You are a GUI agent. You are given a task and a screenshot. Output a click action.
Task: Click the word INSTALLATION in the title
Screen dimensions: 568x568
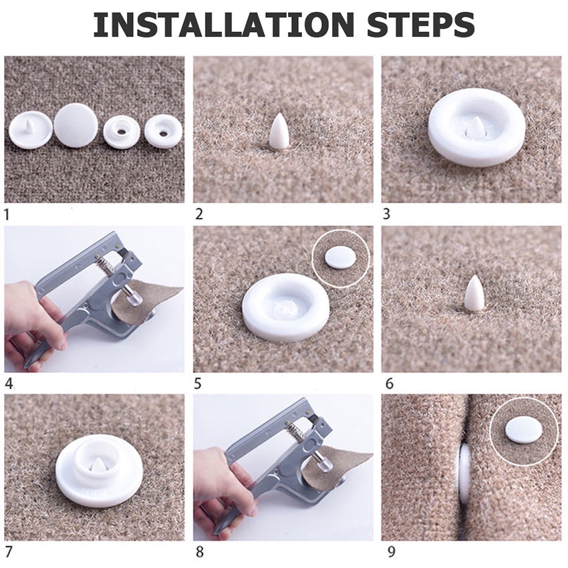tap(223, 25)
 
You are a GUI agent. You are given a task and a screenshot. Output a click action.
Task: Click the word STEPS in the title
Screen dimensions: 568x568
tap(420, 25)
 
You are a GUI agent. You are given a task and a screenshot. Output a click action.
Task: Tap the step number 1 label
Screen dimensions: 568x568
tap(7, 215)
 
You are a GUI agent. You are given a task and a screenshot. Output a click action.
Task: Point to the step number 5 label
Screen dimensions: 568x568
tap(197, 384)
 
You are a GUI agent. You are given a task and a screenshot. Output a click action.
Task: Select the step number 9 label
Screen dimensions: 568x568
tap(391, 552)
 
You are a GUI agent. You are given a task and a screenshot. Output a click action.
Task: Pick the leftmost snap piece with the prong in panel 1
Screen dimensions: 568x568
tap(31, 130)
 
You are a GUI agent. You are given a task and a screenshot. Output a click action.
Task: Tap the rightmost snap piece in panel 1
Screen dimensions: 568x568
tap(163, 131)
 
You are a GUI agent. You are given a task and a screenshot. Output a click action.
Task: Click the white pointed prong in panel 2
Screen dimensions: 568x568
tap(279, 131)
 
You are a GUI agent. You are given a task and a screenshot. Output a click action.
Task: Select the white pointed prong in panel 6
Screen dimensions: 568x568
tap(474, 293)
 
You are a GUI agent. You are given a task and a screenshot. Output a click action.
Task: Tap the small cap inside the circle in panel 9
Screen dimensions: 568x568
tap(524, 430)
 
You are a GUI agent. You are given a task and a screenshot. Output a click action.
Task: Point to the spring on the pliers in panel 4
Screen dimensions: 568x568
tap(107, 265)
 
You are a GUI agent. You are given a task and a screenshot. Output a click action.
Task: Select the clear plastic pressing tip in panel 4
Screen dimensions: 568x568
tap(134, 299)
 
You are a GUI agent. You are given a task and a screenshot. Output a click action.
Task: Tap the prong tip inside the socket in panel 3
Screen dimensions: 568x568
tap(476, 128)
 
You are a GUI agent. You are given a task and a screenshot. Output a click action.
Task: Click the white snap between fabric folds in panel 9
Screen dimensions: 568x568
tap(465, 474)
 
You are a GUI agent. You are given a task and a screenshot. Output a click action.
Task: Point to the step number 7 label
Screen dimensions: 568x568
tap(9, 552)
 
